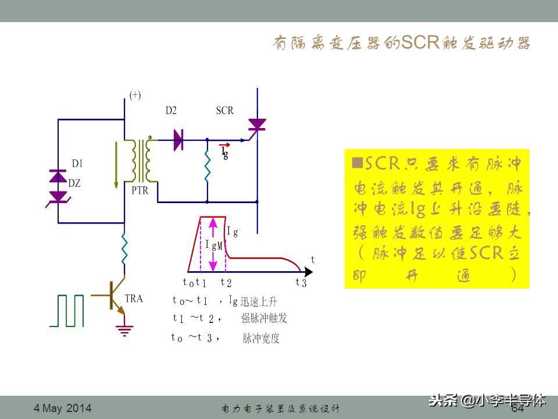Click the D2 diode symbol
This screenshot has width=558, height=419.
pyautogui.click(x=178, y=140)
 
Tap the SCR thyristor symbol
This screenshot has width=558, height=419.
pyautogui.click(x=256, y=125)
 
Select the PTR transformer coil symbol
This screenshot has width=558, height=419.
pyautogui.click(x=141, y=161)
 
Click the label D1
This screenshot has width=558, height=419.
pyautogui.click(x=77, y=164)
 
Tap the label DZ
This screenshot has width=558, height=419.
pyautogui.click(x=74, y=183)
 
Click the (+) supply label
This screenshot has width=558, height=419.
pyautogui.click(x=135, y=95)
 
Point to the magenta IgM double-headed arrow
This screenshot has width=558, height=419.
pyautogui.click(x=213, y=244)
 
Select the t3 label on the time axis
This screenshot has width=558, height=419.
pyautogui.click(x=301, y=283)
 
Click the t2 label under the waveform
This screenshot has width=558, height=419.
pyautogui.click(x=226, y=283)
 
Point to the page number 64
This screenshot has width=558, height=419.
pyautogui.click(x=517, y=409)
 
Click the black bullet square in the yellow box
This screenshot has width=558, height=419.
pyautogui.click(x=357, y=161)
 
